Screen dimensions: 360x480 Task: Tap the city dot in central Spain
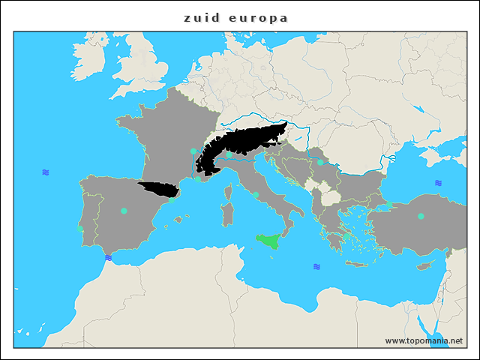tap(124, 211)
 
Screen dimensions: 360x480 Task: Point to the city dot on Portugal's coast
tap(80, 228)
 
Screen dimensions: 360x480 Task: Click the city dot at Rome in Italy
tap(256, 195)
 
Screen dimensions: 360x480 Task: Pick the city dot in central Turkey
tap(421, 216)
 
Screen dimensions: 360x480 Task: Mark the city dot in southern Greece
tap(346, 234)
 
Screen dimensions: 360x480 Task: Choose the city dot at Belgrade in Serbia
tap(320, 162)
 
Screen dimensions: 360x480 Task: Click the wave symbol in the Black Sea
tap(438, 183)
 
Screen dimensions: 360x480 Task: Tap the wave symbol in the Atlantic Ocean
tap(46, 172)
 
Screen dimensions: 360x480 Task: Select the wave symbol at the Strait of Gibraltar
tap(109, 257)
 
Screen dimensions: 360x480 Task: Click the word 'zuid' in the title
tap(202, 17)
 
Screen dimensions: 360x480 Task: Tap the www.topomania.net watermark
tap(424, 340)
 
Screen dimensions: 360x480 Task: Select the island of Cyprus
tap(425, 266)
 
